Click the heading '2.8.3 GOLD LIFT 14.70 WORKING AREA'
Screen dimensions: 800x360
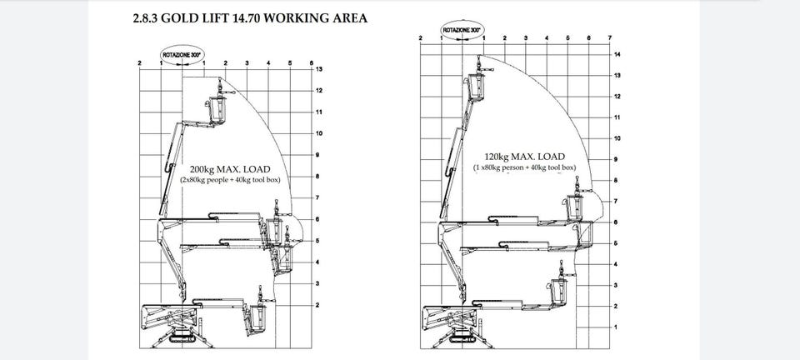point(250,18)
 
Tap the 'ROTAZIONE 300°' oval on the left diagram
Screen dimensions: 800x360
point(182,54)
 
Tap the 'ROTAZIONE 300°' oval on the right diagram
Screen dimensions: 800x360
point(462,30)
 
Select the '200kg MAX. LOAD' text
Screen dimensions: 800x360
point(230,169)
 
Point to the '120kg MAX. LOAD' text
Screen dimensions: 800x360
point(524,157)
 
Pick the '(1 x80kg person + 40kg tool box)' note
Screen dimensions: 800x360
point(524,167)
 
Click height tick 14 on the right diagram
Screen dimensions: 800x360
point(617,54)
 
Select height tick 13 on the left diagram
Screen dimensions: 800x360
point(319,69)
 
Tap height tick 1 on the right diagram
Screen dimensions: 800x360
point(616,327)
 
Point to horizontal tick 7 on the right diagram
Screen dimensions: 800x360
point(610,37)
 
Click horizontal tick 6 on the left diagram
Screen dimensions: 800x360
point(311,62)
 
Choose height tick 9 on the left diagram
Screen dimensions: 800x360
point(317,155)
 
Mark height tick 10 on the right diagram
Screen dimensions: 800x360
point(617,138)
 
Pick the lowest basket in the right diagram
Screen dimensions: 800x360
point(559,292)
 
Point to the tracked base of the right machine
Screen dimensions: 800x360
point(462,336)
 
